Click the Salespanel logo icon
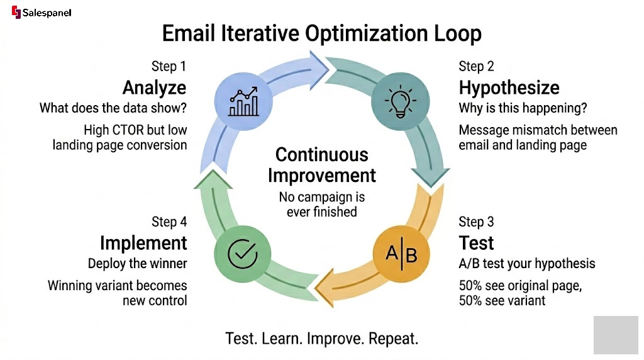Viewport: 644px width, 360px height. [16, 13]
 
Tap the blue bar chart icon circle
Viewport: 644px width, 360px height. [243, 101]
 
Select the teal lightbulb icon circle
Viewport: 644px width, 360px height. [401, 101]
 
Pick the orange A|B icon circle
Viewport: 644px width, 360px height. [401, 254]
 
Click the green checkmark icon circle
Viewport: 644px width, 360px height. [243, 254]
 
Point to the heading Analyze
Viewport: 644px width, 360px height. [155, 87]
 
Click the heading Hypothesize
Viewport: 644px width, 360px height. [509, 87]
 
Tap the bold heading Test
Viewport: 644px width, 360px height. [476, 243]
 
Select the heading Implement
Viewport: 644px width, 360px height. [144, 243]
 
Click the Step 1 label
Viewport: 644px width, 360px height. [169, 66]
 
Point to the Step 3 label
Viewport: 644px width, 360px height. [476, 222]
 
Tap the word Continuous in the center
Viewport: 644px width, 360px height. [322, 155]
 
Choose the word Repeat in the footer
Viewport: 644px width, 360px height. [393, 339]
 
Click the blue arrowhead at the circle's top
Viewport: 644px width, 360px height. [319, 70]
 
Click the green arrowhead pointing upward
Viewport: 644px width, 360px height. [213, 179]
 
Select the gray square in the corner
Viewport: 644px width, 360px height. [616, 335]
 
